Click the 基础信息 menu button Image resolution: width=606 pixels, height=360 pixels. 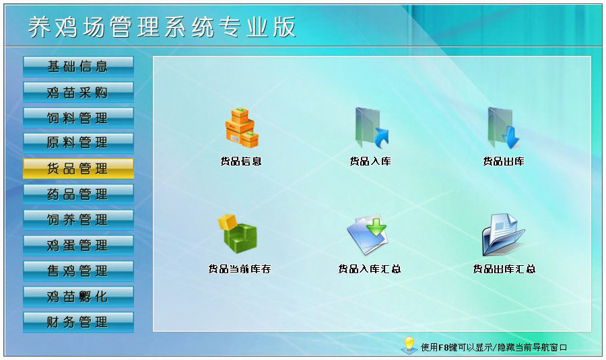click(x=78, y=66)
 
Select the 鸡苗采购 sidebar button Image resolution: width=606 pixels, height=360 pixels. click(x=78, y=92)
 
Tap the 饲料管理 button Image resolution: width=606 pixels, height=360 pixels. click(x=78, y=117)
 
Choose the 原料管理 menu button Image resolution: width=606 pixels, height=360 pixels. click(x=78, y=143)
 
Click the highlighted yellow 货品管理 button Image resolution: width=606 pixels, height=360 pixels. click(x=78, y=168)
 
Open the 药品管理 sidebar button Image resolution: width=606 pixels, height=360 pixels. click(x=78, y=194)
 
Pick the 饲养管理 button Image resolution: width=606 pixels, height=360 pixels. click(x=78, y=219)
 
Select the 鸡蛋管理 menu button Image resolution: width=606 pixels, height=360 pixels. click(x=78, y=245)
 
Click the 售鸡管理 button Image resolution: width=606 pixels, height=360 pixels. click(x=78, y=271)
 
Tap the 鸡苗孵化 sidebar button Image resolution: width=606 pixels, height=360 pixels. click(x=78, y=296)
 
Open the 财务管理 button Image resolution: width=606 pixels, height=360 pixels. click(x=78, y=322)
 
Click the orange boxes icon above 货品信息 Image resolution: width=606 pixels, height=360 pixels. click(x=241, y=128)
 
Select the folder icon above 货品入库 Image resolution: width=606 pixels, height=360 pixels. click(x=371, y=128)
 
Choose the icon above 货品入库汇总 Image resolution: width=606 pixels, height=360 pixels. click(x=368, y=233)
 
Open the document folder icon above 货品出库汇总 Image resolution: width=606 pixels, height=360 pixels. click(x=503, y=233)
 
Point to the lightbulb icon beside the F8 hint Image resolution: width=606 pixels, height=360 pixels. click(x=408, y=345)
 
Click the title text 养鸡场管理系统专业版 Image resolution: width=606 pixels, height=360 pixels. click(x=162, y=27)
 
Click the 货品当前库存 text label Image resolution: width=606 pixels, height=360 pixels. click(x=240, y=269)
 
